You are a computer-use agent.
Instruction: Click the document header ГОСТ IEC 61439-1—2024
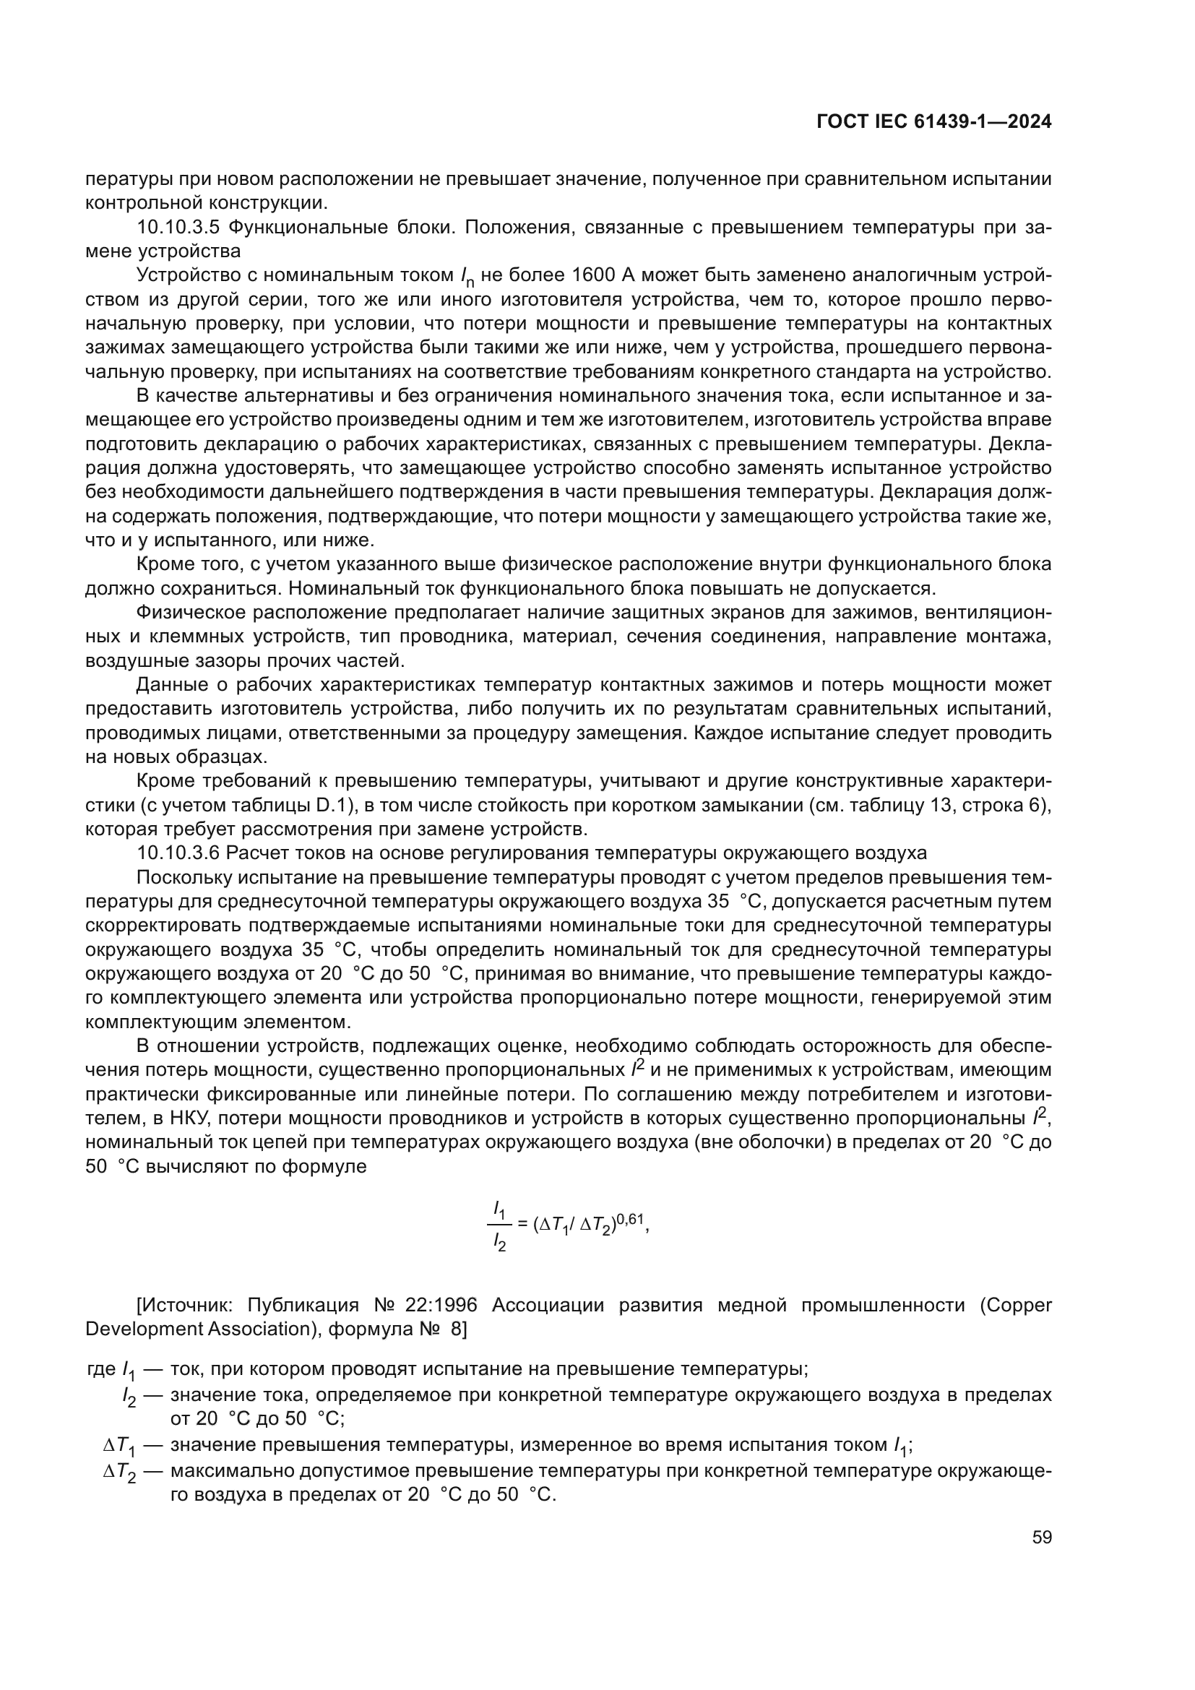933,122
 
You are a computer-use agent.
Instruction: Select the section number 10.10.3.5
178,227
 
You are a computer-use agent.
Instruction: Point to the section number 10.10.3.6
178,853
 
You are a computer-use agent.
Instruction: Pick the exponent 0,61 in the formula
629,1222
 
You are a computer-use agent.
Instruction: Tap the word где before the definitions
101,1369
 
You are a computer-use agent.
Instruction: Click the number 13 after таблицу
941,805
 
